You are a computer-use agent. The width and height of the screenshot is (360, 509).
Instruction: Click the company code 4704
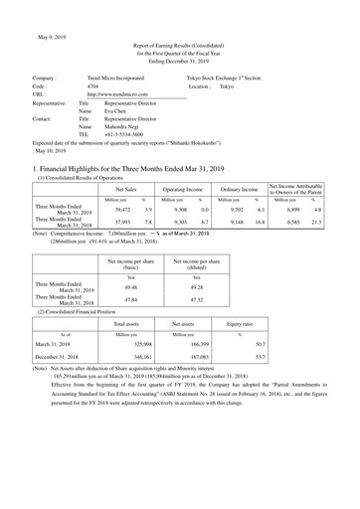(93, 87)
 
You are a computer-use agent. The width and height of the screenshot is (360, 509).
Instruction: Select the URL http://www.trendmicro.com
(123, 99)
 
